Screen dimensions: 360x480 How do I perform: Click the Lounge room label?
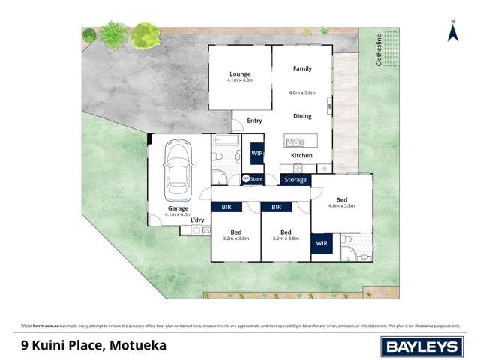(x=239, y=73)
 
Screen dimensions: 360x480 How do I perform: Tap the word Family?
(x=301, y=68)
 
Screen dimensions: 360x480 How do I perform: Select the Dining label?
(x=301, y=116)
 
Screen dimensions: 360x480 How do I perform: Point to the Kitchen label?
(x=301, y=155)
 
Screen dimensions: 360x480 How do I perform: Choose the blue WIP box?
(x=256, y=153)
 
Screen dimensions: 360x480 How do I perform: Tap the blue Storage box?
(x=295, y=180)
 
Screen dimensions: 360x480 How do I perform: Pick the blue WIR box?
(x=321, y=244)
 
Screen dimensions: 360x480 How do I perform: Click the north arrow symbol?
(x=452, y=32)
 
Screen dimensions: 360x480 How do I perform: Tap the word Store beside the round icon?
(x=256, y=179)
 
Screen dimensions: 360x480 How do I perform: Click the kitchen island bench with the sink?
(x=301, y=142)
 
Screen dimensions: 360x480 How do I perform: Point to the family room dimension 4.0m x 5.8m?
(x=301, y=92)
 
